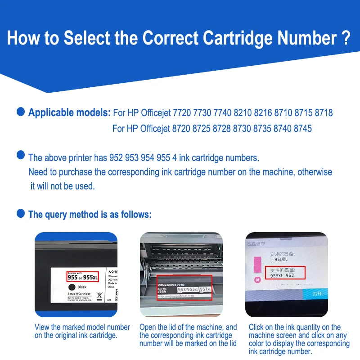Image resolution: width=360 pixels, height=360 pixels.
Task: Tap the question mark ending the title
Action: (344, 38)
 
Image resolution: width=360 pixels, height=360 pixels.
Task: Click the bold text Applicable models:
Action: (69, 112)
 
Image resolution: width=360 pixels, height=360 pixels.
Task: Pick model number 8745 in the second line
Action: (302, 129)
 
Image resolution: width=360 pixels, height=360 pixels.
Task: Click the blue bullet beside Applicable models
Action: (21, 112)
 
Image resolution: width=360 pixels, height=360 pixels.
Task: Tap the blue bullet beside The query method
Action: (21, 213)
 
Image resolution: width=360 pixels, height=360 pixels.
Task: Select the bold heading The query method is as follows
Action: (90, 215)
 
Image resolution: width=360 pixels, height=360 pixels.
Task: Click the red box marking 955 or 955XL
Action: (82, 276)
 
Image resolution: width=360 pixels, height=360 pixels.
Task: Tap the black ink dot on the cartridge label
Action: (71, 287)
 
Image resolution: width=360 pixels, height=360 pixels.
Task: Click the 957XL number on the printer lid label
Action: (206, 289)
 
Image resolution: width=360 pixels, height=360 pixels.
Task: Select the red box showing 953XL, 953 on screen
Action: (285, 272)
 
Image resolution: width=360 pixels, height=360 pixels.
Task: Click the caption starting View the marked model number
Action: (82, 331)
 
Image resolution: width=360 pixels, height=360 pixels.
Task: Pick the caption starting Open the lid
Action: (188, 335)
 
